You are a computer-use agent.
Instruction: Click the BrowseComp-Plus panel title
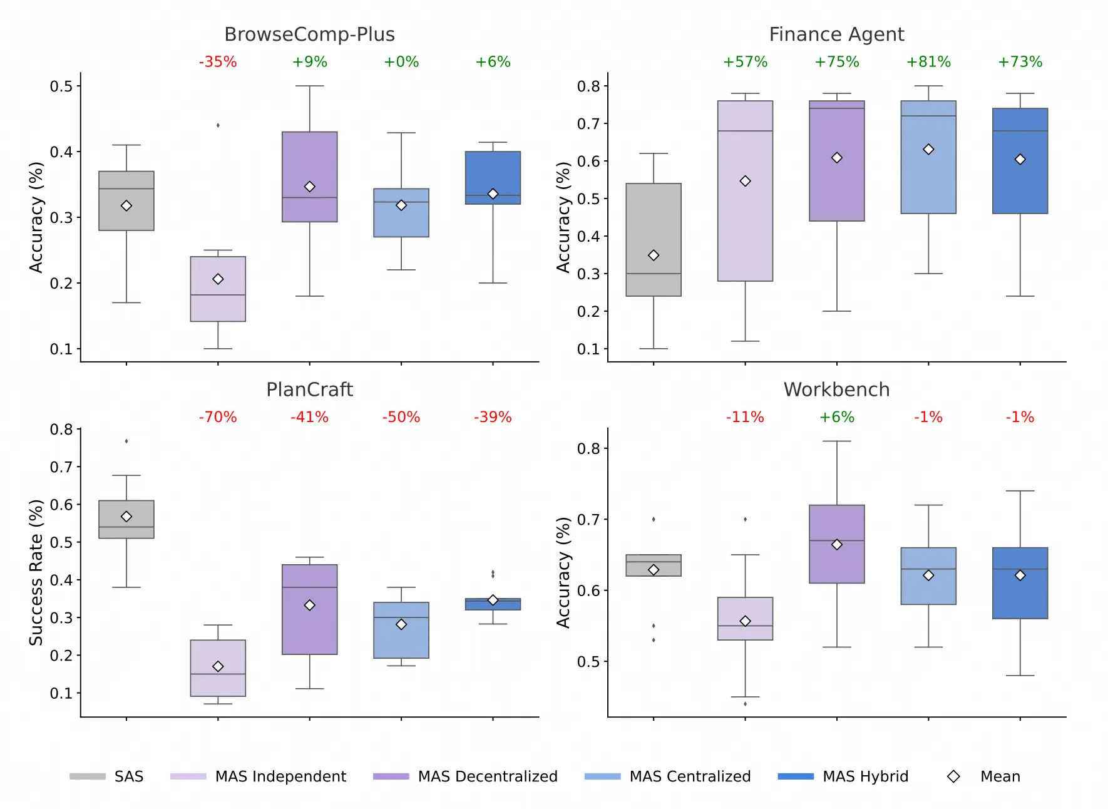pyautogui.click(x=309, y=34)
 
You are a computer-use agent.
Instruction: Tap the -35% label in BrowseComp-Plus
pyautogui.click(x=218, y=62)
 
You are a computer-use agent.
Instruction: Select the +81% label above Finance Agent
pyautogui.click(x=928, y=62)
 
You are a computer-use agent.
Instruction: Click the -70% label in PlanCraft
pyautogui.click(x=218, y=417)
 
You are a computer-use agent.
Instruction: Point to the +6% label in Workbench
pyautogui.click(x=836, y=417)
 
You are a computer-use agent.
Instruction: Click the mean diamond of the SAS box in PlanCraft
pyautogui.click(x=126, y=517)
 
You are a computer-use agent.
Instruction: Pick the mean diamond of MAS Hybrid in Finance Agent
pyautogui.click(x=1020, y=160)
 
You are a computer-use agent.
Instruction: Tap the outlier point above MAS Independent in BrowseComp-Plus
pyautogui.click(x=218, y=125)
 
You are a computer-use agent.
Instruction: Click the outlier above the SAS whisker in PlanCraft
pyautogui.click(x=126, y=441)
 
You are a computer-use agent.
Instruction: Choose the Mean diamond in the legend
pyautogui.click(x=953, y=776)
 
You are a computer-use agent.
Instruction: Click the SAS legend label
pyautogui.click(x=129, y=776)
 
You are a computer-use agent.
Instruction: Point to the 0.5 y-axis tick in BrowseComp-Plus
pyautogui.click(x=61, y=86)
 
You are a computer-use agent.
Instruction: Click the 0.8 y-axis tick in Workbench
pyautogui.click(x=588, y=448)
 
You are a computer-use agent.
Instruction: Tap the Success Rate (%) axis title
pyautogui.click(x=36, y=572)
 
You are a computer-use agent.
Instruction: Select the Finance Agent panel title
pyautogui.click(x=836, y=34)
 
